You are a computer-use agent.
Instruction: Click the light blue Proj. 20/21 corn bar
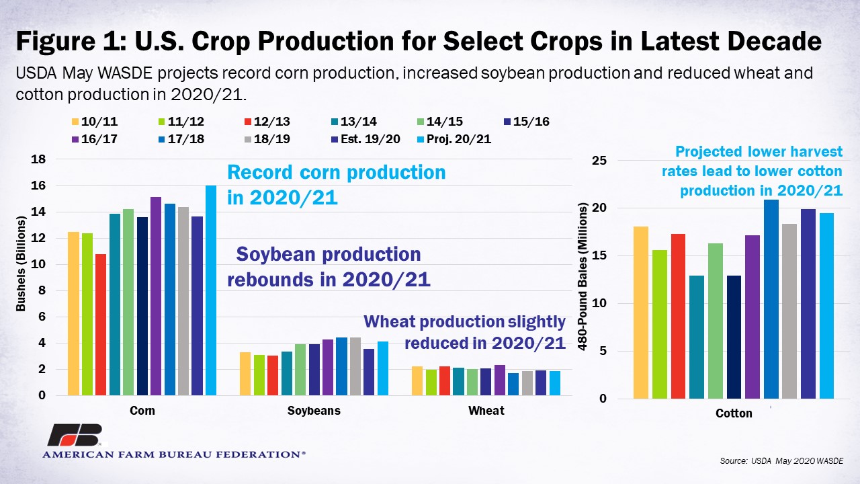[x=211, y=290]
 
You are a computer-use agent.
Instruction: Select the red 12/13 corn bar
[x=101, y=325]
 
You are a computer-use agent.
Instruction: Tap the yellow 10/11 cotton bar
[x=641, y=313]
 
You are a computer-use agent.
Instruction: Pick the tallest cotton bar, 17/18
[x=771, y=299]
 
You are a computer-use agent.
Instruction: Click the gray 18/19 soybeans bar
[x=355, y=366]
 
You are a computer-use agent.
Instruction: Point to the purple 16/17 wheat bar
[x=500, y=380]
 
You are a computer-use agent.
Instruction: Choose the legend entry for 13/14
[x=354, y=122]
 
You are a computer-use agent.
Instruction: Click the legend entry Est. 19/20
[x=366, y=139]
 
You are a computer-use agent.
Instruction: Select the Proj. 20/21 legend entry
[x=454, y=139]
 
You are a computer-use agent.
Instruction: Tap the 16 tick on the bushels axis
[x=38, y=186]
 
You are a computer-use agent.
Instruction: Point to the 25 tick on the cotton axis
[x=599, y=160]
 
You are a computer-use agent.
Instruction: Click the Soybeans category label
[x=314, y=411]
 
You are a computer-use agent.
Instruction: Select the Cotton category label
[x=734, y=413]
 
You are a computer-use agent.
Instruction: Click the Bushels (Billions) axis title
[x=21, y=264]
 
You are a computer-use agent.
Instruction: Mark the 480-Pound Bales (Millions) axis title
[x=583, y=276]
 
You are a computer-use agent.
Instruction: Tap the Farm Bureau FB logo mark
[x=75, y=435]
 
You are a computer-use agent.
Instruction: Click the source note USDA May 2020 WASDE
[x=781, y=460]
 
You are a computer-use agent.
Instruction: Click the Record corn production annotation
[x=337, y=185]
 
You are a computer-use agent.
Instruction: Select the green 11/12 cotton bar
[x=660, y=324]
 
